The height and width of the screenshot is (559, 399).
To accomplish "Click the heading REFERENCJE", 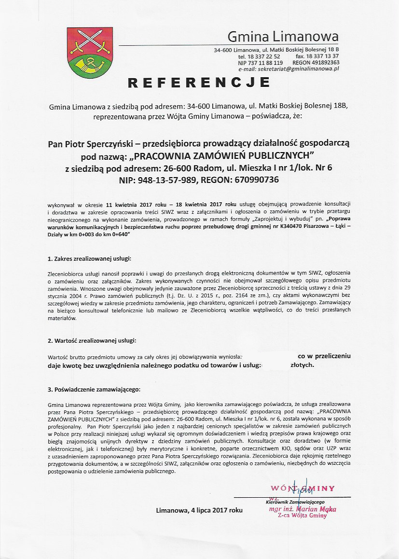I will click(x=199, y=83).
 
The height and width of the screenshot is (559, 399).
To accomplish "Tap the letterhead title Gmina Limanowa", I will click(x=283, y=37).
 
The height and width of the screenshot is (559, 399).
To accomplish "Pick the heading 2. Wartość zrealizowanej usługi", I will click(x=92, y=341).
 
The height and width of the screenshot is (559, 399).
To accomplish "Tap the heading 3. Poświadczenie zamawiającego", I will click(x=94, y=389).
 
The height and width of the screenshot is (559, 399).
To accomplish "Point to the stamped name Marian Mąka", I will click(x=316, y=509).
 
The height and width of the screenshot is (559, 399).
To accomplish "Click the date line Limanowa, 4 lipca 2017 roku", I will click(x=199, y=510).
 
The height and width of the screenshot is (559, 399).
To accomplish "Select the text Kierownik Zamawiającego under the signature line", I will click(x=294, y=503).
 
